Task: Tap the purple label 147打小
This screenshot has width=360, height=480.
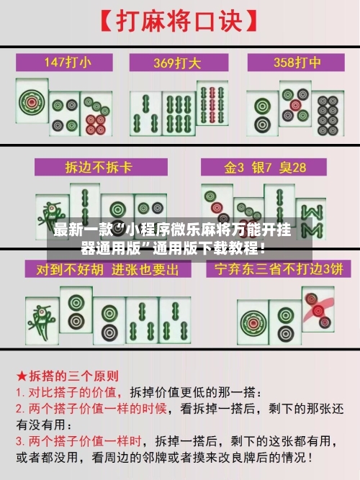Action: (68, 62)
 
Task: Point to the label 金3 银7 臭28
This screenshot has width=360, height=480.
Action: (266, 168)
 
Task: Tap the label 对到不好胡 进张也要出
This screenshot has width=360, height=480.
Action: (102, 271)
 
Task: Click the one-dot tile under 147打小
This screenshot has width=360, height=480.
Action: (33, 104)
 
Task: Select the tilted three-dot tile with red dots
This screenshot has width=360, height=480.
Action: (317, 309)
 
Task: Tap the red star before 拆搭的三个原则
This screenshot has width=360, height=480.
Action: (22, 376)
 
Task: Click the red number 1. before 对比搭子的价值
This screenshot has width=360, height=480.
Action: (22, 394)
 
